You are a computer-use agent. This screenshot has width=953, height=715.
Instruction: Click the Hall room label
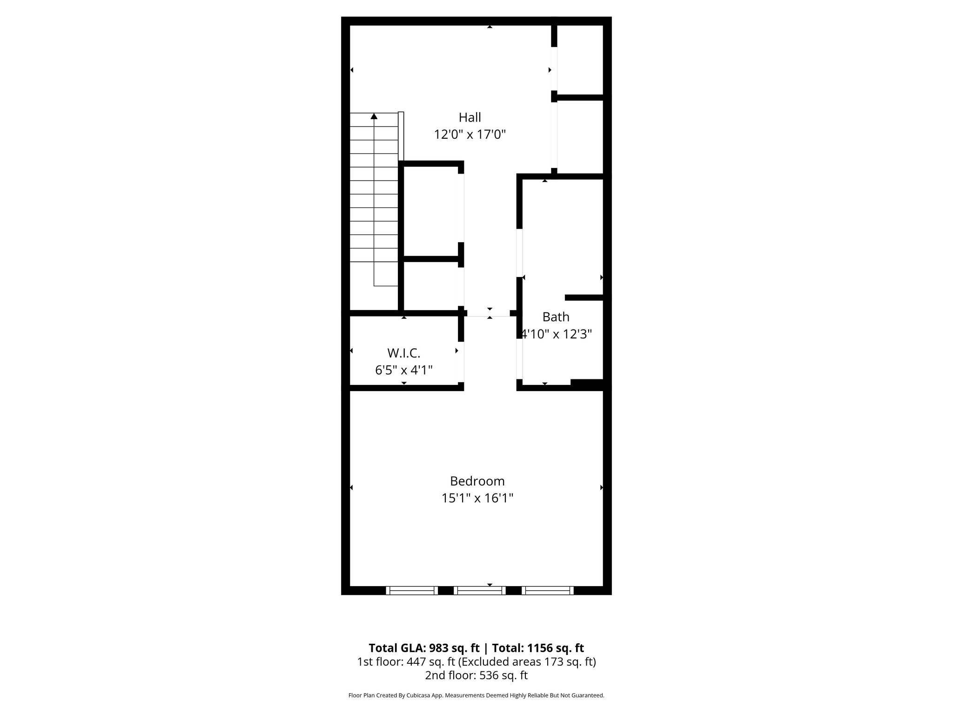tap(470, 117)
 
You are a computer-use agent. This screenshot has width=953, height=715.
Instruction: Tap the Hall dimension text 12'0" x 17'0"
tap(470, 135)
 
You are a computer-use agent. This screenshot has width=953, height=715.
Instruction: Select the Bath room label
tap(556, 317)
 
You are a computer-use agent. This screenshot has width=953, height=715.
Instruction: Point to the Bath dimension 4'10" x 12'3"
tap(556, 334)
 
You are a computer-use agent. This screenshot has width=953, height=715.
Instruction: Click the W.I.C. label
tap(403, 353)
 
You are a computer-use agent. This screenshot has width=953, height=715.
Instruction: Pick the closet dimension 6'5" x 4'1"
tap(404, 370)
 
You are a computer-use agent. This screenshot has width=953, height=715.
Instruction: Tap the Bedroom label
tap(477, 481)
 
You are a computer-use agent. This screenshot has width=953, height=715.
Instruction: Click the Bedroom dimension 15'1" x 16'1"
tap(477, 499)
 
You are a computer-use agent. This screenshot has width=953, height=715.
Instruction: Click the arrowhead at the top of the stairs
tap(374, 116)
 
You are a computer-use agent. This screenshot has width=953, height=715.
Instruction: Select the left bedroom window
tap(412, 590)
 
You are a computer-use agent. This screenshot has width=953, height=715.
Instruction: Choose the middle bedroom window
tap(480, 590)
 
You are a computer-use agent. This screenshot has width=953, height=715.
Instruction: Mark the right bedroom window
tap(547, 590)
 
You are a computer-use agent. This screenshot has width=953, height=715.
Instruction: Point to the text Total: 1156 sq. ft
tap(537, 648)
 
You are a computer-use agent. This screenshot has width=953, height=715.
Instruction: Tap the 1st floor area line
tap(476, 661)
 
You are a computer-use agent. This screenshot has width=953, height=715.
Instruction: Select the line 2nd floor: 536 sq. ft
tap(476, 675)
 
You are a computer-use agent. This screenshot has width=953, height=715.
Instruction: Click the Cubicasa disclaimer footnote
tap(476, 695)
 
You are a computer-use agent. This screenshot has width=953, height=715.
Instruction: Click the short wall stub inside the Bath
tap(584, 297)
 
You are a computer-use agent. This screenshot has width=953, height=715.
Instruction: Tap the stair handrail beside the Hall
tap(401, 136)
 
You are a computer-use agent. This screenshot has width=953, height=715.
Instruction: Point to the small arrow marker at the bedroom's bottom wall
tap(490, 585)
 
